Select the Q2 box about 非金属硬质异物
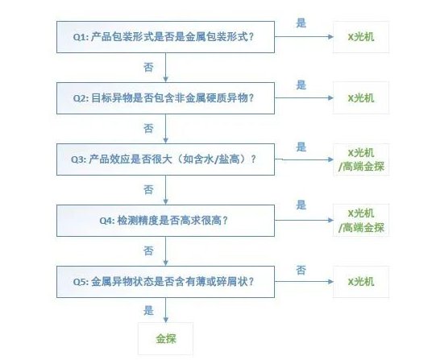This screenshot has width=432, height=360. point(165,98)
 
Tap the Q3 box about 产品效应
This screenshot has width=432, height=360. point(165,159)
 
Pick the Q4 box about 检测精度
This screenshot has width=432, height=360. point(165,219)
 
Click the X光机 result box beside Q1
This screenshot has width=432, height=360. point(361,38)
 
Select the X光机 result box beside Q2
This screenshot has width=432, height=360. point(361,98)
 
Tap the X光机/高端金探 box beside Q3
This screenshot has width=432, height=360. point(361,159)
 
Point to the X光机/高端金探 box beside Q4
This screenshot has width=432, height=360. point(361,220)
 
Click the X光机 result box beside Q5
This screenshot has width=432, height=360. point(361,281)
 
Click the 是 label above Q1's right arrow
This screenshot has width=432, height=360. point(301,23)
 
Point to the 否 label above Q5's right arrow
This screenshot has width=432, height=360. point(301,269)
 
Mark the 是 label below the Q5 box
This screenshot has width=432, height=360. point(148,308)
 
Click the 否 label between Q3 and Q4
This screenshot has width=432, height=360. point(148,188)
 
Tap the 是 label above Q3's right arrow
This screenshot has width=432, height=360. point(301,147)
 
